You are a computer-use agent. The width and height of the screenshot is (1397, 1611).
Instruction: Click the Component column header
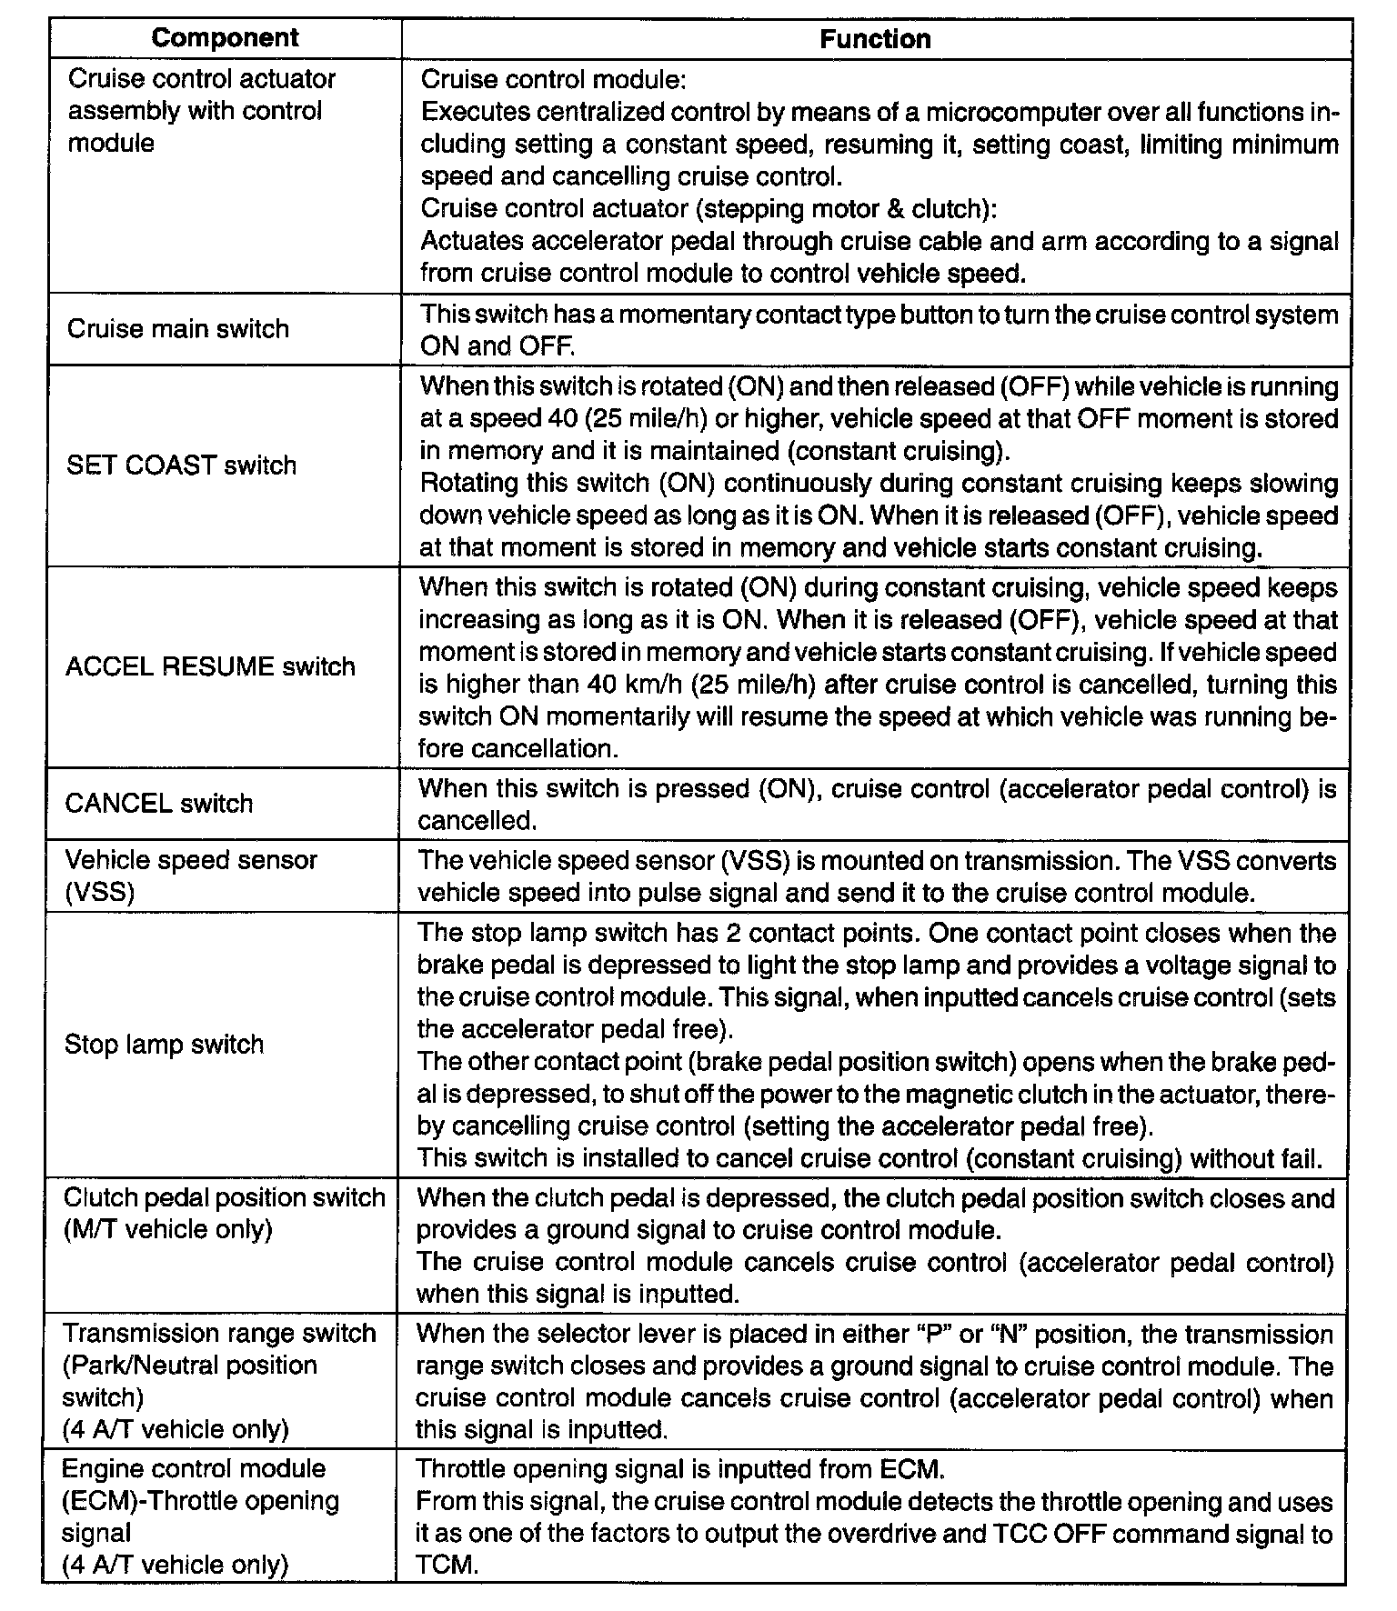point(225,38)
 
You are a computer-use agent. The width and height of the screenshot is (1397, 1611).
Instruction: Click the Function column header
point(875,39)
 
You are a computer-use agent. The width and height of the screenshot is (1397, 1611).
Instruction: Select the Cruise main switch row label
point(178,329)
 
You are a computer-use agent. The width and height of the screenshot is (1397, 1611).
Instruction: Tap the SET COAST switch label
point(182,465)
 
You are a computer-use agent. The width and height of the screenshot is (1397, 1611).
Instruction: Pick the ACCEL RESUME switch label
point(210,666)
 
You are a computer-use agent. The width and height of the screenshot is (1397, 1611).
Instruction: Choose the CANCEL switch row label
point(159,804)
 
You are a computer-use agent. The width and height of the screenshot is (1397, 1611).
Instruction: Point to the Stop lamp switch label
point(164,1044)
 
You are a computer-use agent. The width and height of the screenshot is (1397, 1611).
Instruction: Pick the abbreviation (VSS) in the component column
point(99,892)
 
